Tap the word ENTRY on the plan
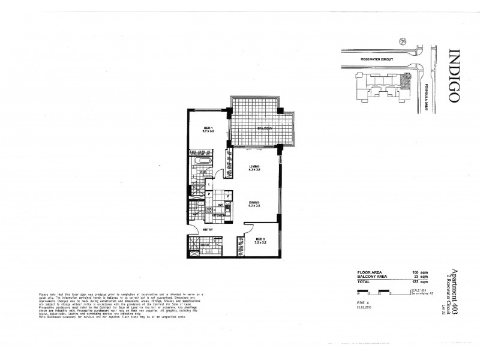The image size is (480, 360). coord(207,229)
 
